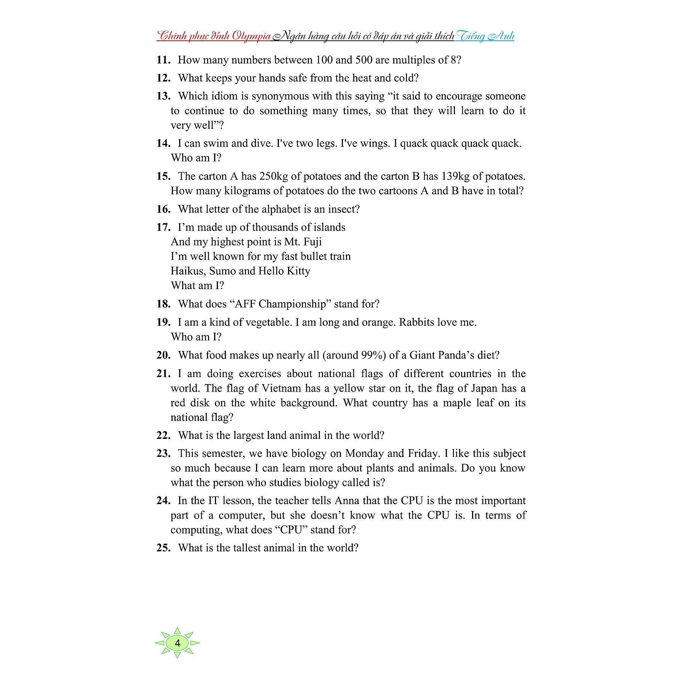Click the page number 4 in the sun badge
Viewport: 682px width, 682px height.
[178, 643]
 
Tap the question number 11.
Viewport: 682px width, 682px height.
[163, 60]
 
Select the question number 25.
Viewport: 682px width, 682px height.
[163, 548]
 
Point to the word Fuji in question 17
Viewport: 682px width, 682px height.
[313, 242]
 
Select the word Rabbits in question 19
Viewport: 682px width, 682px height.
[416, 322]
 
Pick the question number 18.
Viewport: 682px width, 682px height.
[163, 304]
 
